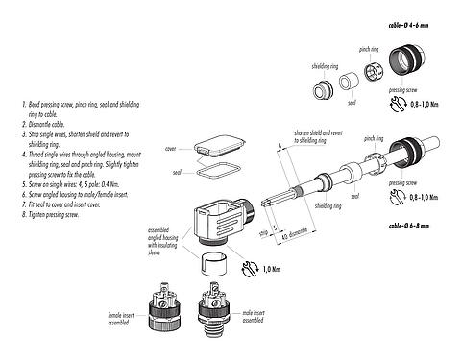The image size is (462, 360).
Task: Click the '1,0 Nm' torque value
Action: tap(273, 269)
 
